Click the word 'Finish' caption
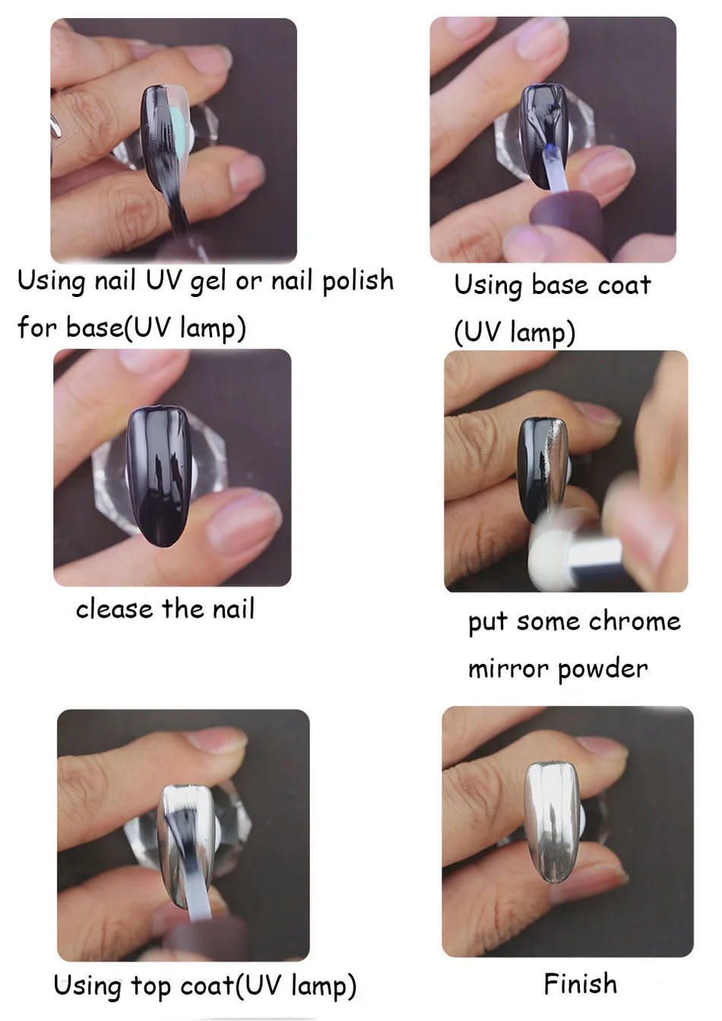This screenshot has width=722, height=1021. pyautogui.click(x=580, y=984)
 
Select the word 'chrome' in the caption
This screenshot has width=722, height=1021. pyautogui.click(x=635, y=621)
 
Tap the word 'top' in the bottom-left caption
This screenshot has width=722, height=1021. pyautogui.click(x=151, y=987)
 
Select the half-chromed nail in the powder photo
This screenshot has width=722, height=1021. pyautogui.click(x=543, y=467)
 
